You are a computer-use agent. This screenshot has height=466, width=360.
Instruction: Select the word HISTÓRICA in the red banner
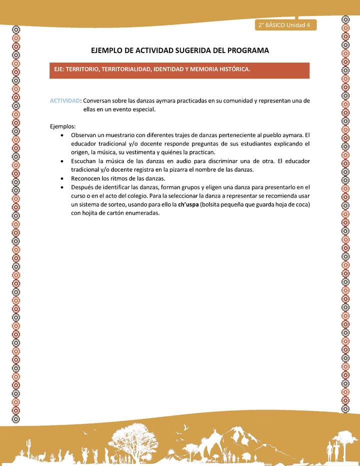click(x=233, y=69)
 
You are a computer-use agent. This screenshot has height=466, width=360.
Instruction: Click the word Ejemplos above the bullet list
click(x=62, y=126)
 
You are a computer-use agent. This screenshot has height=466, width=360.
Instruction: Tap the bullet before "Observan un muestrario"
click(x=61, y=135)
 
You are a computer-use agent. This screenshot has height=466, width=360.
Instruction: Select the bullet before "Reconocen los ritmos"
click(x=61, y=178)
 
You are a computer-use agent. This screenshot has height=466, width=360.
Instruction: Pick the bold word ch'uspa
click(x=188, y=204)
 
